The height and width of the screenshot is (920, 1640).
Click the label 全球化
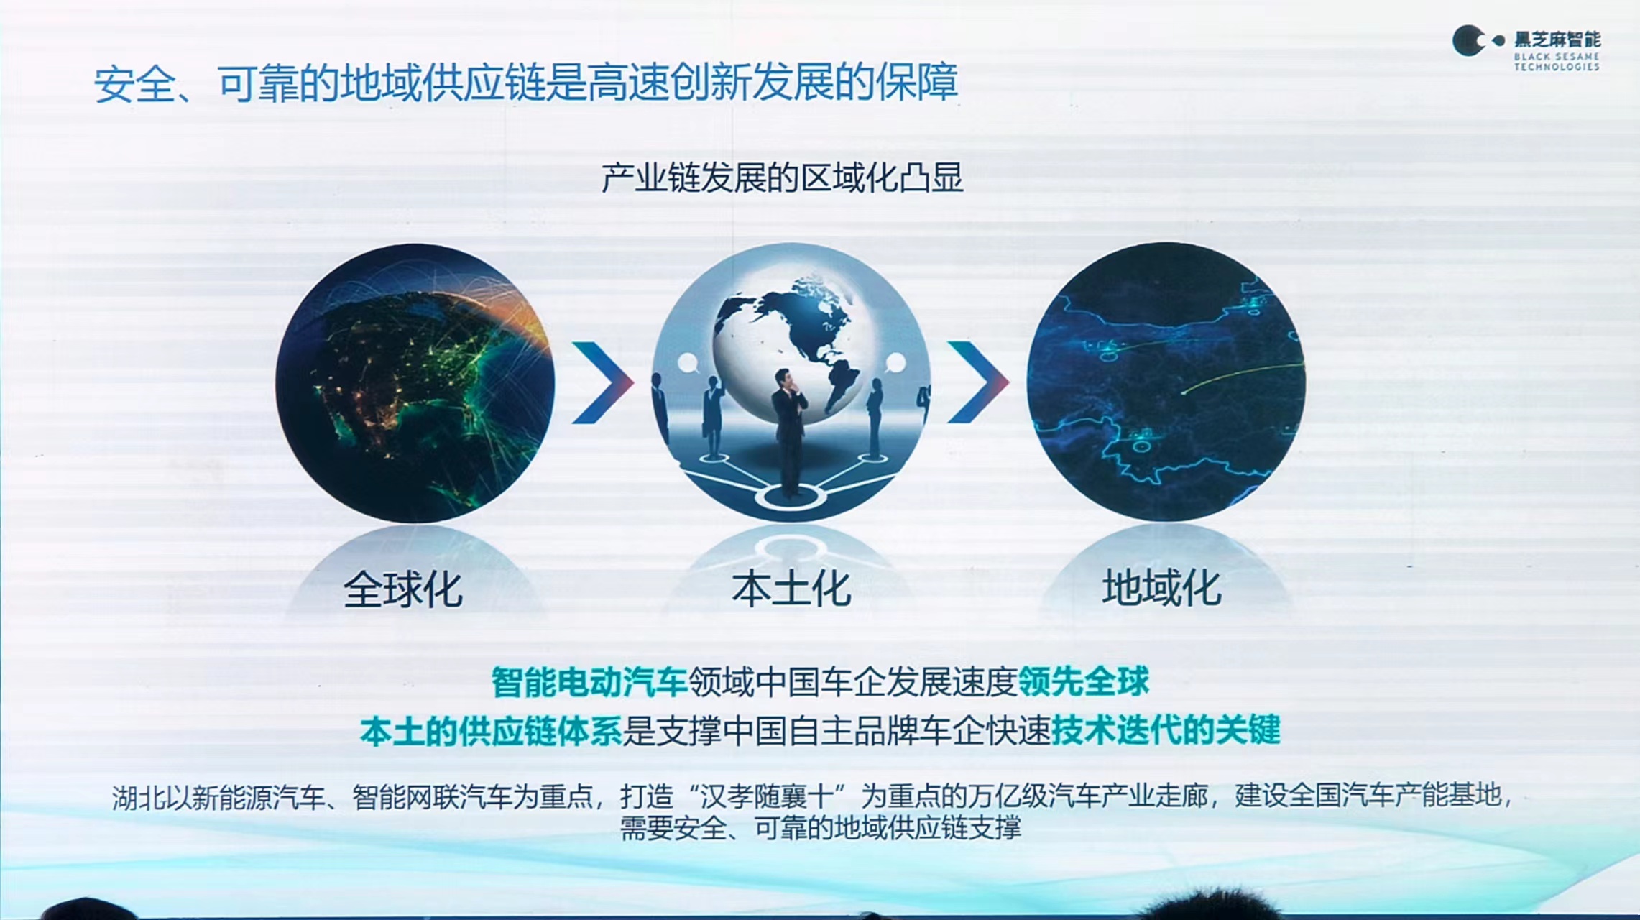point(402,589)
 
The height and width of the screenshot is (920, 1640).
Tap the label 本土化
point(791,589)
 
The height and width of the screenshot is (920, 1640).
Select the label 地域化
point(1162,587)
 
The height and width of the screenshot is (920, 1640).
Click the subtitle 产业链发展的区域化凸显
point(782,178)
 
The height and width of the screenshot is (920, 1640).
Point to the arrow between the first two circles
point(603,382)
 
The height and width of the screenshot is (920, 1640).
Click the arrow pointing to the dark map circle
point(978,382)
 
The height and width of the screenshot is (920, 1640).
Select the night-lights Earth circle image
point(415,382)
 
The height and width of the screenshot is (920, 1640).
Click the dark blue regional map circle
point(1166,382)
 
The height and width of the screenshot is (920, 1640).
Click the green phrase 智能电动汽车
point(589,682)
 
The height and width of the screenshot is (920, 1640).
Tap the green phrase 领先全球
point(1084,681)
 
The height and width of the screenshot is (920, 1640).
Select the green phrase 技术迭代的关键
point(1166,730)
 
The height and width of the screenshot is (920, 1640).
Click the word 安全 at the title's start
point(134,84)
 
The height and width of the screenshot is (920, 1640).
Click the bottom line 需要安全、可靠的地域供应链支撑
point(820,828)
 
